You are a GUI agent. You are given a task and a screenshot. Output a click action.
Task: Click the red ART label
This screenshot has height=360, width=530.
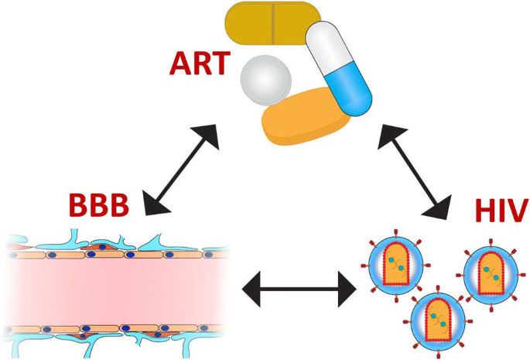click(x=200, y=63)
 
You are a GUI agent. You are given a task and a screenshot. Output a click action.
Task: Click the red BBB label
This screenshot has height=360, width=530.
click(x=99, y=204)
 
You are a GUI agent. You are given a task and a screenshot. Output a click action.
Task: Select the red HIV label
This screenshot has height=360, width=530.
click(x=501, y=210)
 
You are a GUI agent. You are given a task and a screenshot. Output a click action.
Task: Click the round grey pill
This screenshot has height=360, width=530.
click(x=265, y=81)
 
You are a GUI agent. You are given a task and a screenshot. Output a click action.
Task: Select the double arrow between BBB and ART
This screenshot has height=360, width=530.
click(x=181, y=170)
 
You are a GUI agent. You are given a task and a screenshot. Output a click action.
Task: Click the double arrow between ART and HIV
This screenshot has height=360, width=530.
click(x=415, y=172)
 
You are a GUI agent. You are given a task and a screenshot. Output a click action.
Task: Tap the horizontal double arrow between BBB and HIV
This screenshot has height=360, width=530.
click(x=299, y=289)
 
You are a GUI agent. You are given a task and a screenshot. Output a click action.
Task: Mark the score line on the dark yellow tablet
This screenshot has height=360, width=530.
click(x=273, y=23)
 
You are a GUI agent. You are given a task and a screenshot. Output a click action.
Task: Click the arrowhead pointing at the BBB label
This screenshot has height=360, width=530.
click(x=156, y=204)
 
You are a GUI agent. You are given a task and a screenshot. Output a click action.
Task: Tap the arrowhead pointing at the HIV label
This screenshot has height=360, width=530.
click(x=439, y=207)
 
